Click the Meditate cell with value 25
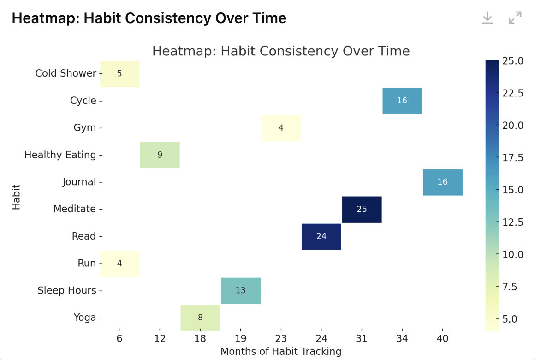362,209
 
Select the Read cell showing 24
321,236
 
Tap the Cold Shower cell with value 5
119,73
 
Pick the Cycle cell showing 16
402,101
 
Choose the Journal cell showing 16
442,182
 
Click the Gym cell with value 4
281,128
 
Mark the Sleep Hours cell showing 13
241,291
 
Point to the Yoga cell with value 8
200,318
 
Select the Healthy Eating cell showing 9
160,155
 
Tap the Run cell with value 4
119,264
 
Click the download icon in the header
487,18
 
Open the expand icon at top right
515,18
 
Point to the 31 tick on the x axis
362,338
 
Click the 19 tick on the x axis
241,338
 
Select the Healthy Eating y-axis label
60,155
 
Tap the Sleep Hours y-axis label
67,291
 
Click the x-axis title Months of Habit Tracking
281,352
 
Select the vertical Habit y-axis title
17,197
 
